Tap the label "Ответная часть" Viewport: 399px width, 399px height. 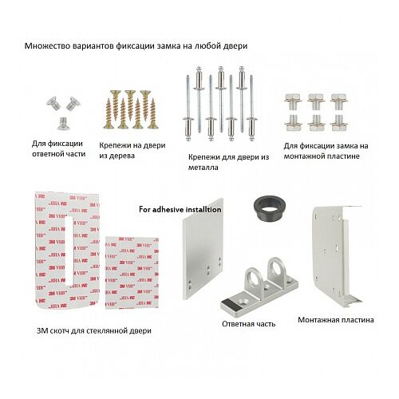click(x=248, y=324)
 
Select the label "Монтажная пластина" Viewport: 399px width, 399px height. click(x=336, y=320)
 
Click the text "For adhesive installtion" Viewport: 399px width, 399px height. click(x=180, y=209)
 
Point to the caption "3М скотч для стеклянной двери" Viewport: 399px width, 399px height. click(x=94, y=330)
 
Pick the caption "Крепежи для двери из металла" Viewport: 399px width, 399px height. click(x=228, y=162)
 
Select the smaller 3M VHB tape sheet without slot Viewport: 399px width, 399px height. click(x=132, y=273)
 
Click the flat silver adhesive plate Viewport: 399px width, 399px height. click(x=203, y=249)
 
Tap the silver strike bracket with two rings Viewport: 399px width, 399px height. click(x=259, y=289)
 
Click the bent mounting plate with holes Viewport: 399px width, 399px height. click(x=336, y=255)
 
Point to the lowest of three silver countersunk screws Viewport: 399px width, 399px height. click(x=64, y=124)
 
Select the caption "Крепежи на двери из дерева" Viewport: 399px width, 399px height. click(x=132, y=150)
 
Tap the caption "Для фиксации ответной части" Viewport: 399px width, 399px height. click(x=58, y=148)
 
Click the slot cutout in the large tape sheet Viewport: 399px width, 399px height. click(x=69, y=251)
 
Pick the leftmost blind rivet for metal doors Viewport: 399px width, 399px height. click(x=188, y=108)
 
